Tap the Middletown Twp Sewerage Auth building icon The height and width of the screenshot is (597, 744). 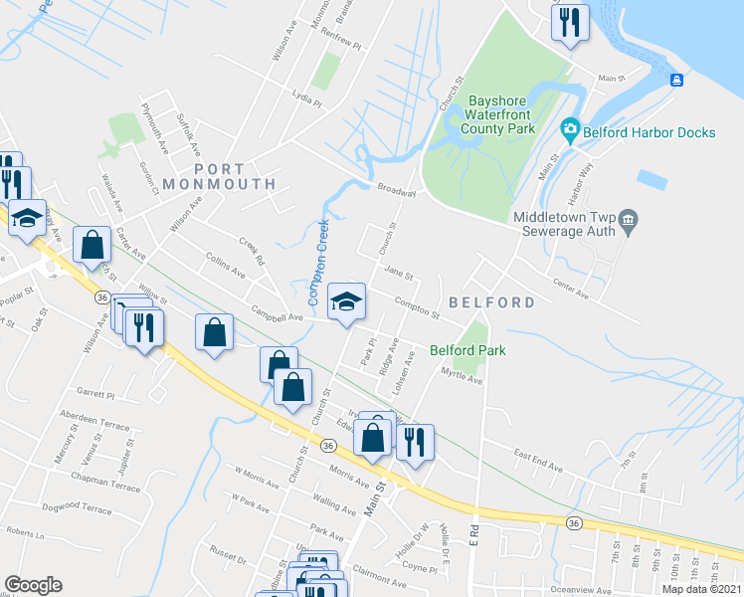tap(627, 219)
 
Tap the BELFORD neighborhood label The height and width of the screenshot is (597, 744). tap(491, 301)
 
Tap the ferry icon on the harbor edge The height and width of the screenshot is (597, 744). tap(677, 80)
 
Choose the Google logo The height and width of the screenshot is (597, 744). tap(33, 585)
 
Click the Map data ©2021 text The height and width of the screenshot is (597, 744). tap(701, 589)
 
